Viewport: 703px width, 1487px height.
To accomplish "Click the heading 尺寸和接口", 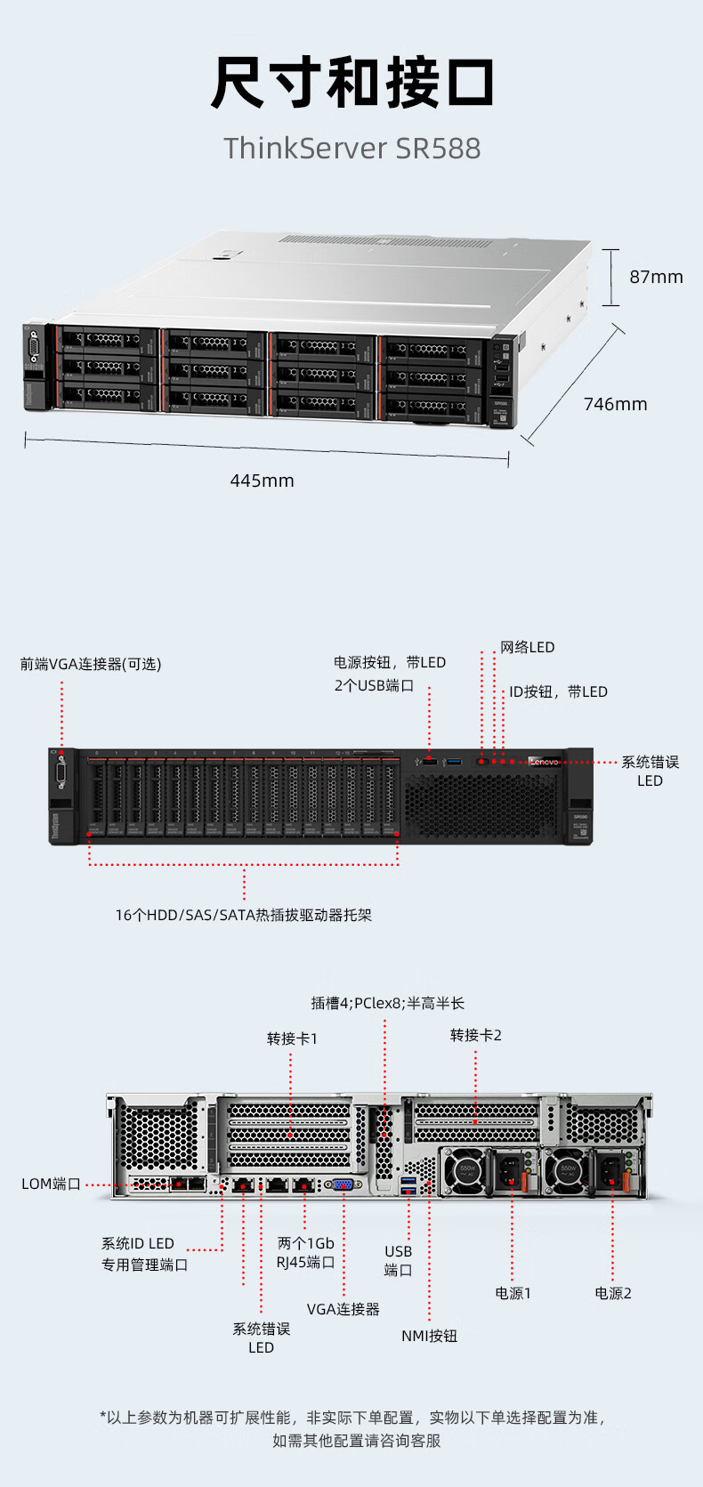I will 351,82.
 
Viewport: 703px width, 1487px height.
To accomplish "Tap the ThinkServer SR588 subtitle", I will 351,148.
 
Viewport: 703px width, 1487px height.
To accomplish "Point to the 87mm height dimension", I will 656,277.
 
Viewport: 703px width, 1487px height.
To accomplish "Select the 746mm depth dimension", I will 615,404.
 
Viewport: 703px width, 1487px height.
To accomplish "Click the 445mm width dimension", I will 262,481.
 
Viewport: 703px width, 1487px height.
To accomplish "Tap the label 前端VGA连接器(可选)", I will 91,664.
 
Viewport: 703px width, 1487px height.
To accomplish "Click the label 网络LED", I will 527,647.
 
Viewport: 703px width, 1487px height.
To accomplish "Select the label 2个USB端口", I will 374,685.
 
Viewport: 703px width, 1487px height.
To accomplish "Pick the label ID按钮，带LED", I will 558,691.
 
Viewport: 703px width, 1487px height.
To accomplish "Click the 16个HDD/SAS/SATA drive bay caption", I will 243,915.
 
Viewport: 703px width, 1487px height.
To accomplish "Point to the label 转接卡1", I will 292,1038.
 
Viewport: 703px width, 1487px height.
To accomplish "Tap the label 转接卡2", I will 476,1035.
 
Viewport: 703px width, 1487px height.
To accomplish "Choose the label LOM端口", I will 52,1184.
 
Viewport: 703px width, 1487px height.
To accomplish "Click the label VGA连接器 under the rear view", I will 343,1309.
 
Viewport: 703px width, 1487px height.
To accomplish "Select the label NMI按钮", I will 429,1336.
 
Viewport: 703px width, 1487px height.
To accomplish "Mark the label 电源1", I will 513,1293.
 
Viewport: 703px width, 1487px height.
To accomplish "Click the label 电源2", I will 613,1293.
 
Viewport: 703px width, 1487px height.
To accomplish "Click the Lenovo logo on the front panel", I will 544,762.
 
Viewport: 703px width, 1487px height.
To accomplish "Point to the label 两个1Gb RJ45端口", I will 305,1252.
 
